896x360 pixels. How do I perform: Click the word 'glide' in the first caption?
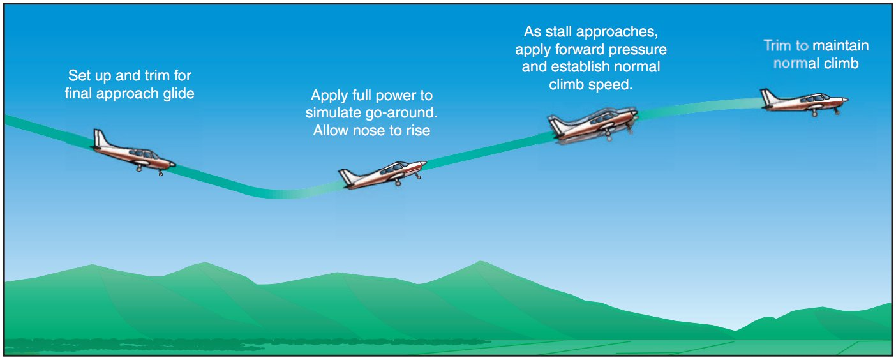pos(179,94)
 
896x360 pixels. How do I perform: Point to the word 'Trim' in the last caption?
pos(777,45)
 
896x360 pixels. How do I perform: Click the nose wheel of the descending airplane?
pos(161,173)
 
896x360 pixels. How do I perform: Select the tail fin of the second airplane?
pos(347,177)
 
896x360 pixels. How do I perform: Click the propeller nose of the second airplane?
pos(424,163)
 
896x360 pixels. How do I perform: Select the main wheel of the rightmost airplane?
pos(814,114)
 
